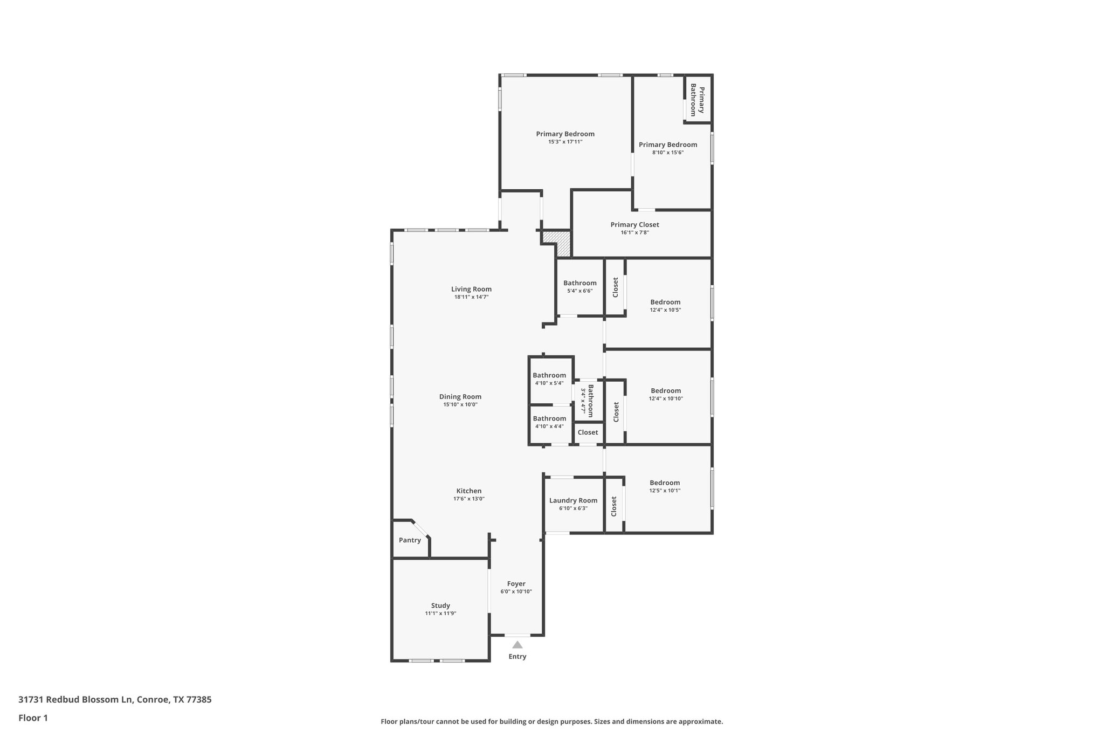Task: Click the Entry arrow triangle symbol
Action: pos(517,644)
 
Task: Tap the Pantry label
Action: pos(410,540)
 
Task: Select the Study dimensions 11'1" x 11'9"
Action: pos(440,613)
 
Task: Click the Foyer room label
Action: pos(516,583)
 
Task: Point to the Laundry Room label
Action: pos(573,500)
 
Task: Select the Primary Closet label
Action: pos(634,224)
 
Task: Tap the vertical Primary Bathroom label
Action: pos(698,100)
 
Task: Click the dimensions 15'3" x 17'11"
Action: pos(565,142)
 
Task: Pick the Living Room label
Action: pos(471,289)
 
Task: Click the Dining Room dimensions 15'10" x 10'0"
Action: pos(460,404)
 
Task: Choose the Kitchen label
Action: pos(468,491)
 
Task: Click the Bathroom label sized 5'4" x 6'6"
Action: pos(579,283)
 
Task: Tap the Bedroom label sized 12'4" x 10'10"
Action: pos(666,390)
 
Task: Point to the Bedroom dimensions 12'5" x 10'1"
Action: pos(665,491)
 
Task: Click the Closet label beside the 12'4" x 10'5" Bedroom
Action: pos(615,287)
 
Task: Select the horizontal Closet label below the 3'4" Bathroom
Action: pos(588,432)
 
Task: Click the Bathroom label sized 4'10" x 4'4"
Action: pos(549,418)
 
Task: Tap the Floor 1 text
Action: pos(33,718)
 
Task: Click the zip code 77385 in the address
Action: pos(199,699)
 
